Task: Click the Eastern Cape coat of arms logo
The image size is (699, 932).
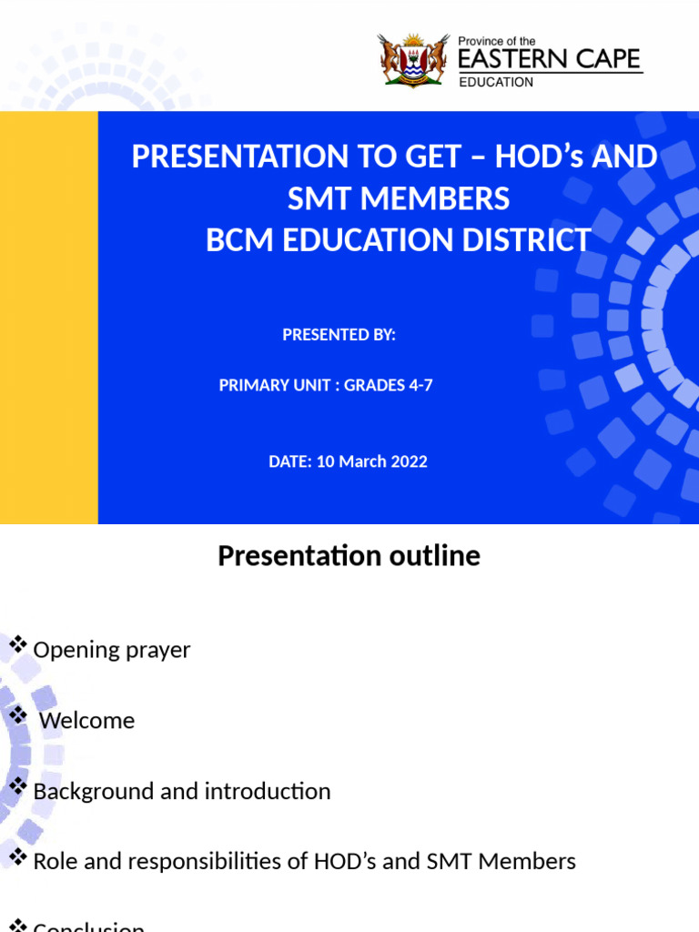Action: [414, 59]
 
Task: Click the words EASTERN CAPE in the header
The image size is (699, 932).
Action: [549, 60]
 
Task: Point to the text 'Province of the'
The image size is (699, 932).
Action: [497, 41]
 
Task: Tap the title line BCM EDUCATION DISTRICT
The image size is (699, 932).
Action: [398, 240]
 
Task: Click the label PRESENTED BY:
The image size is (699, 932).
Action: [339, 335]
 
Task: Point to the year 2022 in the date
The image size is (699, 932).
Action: [409, 461]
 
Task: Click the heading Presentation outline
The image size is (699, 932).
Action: [349, 555]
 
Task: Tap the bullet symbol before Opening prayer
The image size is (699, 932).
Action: [16, 645]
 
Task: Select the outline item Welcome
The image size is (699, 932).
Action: [87, 721]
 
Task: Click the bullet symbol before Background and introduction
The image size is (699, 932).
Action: [16, 786]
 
